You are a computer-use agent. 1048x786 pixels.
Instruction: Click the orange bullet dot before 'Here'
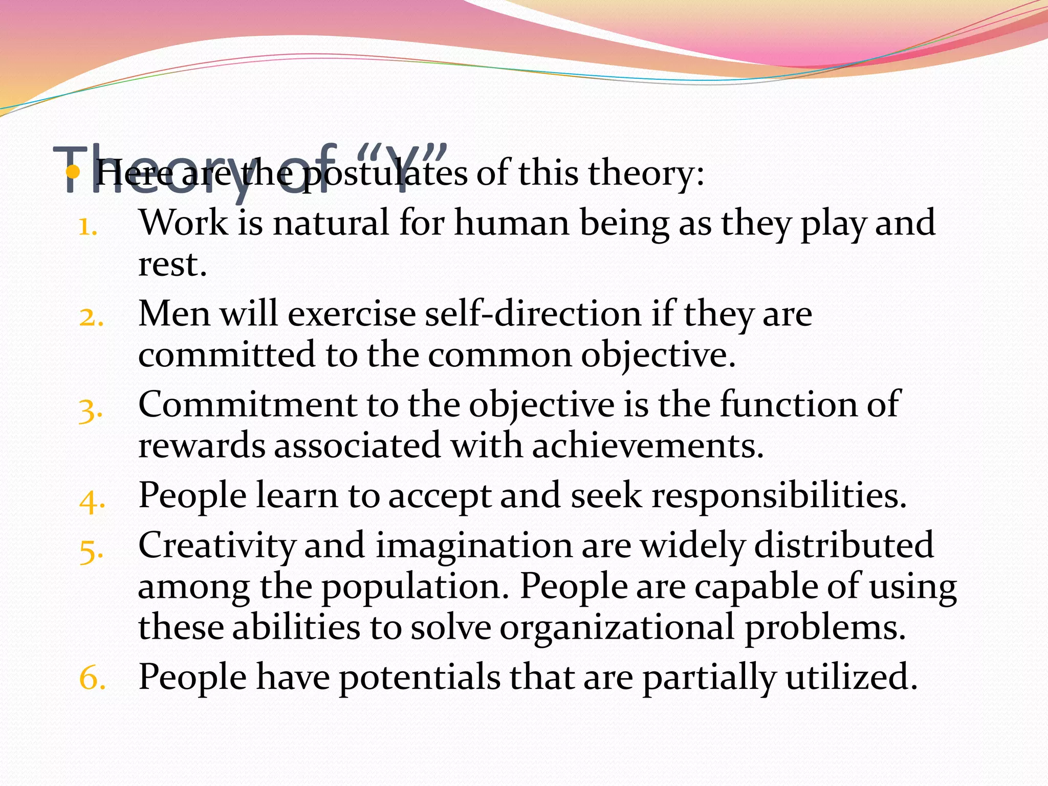point(73,172)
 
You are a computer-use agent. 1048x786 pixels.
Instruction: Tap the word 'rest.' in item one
point(172,265)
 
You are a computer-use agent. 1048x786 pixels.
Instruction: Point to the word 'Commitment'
point(247,404)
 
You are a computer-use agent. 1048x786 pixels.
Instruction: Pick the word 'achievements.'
point(648,446)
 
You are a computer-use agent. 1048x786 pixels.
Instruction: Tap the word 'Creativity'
point(216,546)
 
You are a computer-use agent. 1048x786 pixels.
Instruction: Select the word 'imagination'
point(474,545)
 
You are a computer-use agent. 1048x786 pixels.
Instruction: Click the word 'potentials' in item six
point(419,677)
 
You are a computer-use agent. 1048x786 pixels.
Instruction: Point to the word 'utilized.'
point(851,677)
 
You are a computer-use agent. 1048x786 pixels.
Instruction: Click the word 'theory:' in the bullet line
point(646,173)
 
